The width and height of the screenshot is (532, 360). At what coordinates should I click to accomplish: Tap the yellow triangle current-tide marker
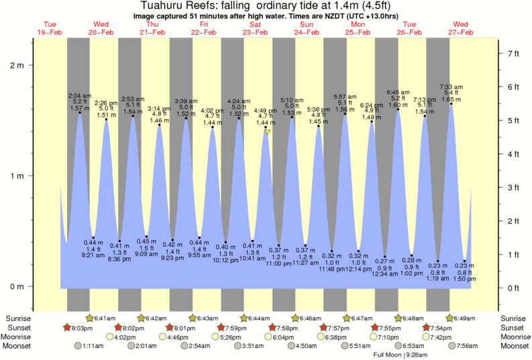click(x=267, y=132)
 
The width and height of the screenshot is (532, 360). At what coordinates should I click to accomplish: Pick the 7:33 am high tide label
click(x=451, y=87)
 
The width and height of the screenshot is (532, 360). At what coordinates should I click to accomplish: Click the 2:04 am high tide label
click(x=79, y=96)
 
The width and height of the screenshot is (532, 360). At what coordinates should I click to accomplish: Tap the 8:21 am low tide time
click(x=92, y=255)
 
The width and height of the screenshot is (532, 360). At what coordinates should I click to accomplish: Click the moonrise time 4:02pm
click(x=129, y=337)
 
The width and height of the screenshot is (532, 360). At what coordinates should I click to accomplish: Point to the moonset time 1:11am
click(x=92, y=347)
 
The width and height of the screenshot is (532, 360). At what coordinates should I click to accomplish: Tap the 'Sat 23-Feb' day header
click(x=255, y=28)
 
